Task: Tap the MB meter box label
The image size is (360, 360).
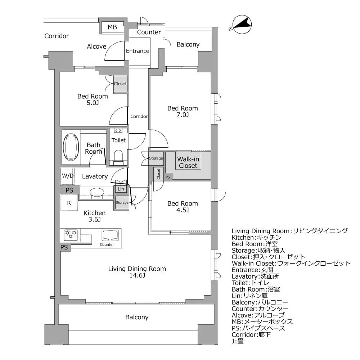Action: (x=112, y=27)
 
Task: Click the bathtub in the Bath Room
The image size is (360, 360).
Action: (x=71, y=147)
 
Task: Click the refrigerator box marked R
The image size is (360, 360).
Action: (x=69, y=203)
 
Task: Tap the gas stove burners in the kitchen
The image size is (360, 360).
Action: (x=70, y=235)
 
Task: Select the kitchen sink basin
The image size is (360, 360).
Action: (x=110, y=235)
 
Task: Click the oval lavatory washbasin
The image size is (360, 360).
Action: (x=96, y=192)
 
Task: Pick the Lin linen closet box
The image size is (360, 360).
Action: (x=121, y=189)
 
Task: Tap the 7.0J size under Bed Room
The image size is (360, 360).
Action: (x=183, y=115)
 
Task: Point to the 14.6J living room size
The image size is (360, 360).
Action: (x=137, y=276)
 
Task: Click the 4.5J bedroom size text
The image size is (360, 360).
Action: (x=183, y=210)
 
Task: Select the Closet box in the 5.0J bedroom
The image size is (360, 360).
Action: (x=120, y=84)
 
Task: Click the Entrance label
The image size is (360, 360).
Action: (x=138, y=51)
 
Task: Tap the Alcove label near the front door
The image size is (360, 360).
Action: (x=96, y=46)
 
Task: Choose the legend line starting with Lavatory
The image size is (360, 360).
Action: (x=255, y=276)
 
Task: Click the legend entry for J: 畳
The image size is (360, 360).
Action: (x=238, y=341)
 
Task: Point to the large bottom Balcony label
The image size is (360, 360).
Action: (x=137, y=317)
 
